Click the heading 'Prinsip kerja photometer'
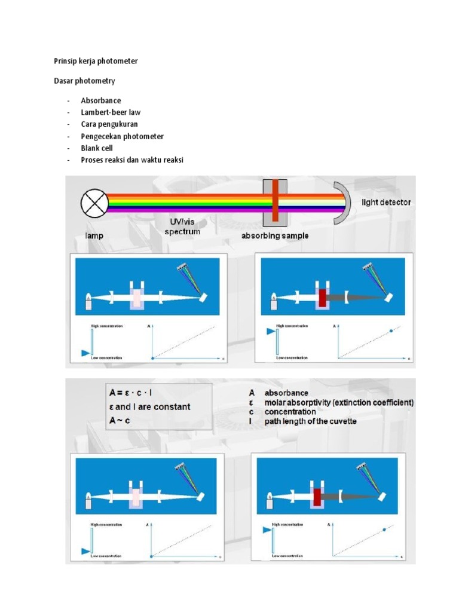pyautogui.click(x=93, y=61)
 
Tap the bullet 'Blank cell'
pyautogui.click(x=97, y=148)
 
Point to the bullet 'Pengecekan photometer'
pyautogui.click(x=122, y=136)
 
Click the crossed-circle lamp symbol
pyautogui.click(x=94, y=203)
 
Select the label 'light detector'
pyautogui.click(x=386, y=203)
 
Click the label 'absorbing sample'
pyautogui.click(x=275, y=235)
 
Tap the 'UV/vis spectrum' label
pyautogui.click(x=182, y=226)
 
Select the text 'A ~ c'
pyautogui.click(x=120, y=420)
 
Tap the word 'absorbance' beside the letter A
pyautogui.click(x=286, y=393)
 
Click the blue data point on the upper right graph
pyautogui.click(x=391, y=331)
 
